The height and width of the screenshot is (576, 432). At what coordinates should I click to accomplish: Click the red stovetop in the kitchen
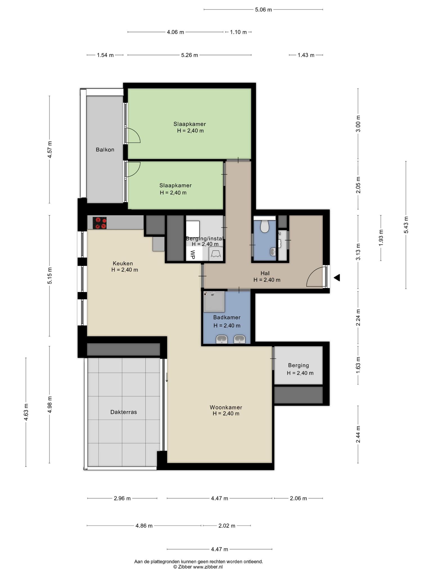click(x=100, y=223)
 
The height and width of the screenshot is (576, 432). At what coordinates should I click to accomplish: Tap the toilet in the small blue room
click(x=264, y=226)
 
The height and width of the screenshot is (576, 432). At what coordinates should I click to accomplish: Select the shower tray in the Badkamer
click(x=214, y=301)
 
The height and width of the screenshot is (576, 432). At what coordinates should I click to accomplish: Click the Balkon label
click(x=105, y=150)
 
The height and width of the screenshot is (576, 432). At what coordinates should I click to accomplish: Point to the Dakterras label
click(x=123, y=412)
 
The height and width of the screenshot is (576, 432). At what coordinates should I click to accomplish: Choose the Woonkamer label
click(x=226, y=407)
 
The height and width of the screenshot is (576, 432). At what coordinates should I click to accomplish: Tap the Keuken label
click(x=123, y=264)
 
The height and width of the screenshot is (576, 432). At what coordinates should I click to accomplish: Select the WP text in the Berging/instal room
click(x=193, y=255)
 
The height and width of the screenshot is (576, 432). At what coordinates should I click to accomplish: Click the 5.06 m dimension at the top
click(x=264, y=10)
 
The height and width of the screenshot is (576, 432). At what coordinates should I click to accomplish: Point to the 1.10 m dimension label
click(x=238, y=32)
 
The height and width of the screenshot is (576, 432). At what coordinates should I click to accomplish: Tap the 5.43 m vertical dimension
click(x=406, y=225)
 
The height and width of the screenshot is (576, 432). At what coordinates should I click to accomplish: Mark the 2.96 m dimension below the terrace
click(x=122, y=498)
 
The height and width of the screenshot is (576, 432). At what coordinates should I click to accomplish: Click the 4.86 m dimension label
click(x=144, y=526)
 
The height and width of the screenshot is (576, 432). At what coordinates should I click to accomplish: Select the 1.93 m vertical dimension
click(x=381, y=238)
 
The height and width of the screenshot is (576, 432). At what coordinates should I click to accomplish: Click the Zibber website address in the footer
click(x=208, y=567)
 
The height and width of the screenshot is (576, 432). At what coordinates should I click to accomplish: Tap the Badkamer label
click(x=227, y=318)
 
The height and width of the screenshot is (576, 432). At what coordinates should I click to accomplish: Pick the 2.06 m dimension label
click(x=298, y=498)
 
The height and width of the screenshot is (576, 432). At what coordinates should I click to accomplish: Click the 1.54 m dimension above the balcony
click(x=105, y=55)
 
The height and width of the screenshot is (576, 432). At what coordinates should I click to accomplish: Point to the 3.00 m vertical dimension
click(x=358, y=124)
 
